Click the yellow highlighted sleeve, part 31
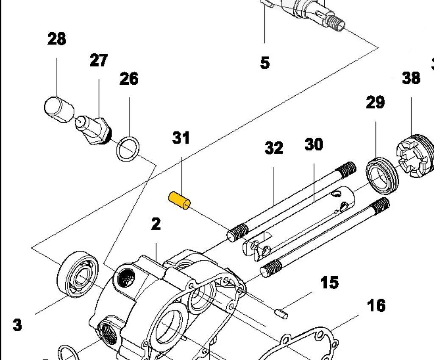click(180, 200)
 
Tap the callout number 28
click(56, 39)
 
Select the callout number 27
click(99, 60)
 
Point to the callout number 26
click(129, 79)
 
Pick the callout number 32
click(274, 148)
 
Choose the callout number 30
click(314, 145)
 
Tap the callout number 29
click(375, 102)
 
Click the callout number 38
click(411, 78)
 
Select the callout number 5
click(264, 63)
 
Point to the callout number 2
click(156, 224)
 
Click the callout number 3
click(17, 325)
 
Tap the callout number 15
click(329, 282)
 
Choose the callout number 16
click(376, 305)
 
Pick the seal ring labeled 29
click(382, 173)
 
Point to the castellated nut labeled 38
click(415, 156)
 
